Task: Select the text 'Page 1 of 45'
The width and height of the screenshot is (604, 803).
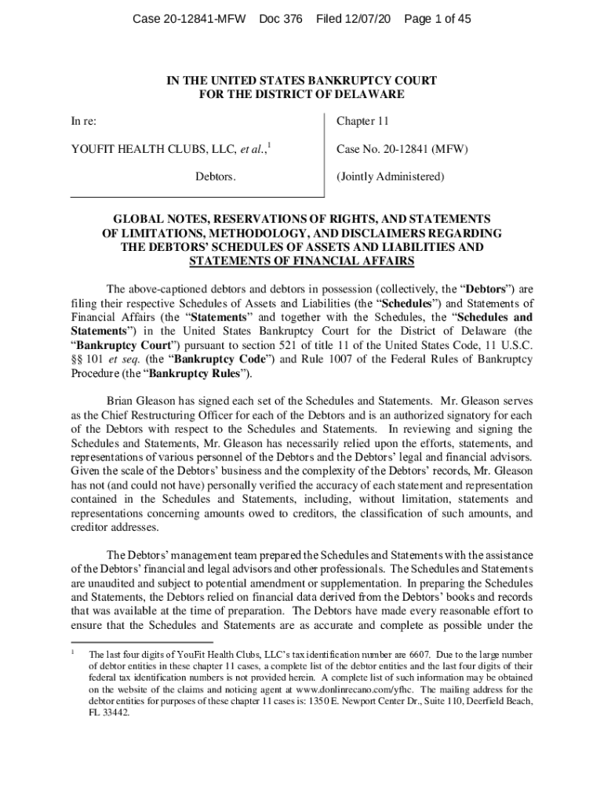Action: pyautogui.click(x=437, y=19)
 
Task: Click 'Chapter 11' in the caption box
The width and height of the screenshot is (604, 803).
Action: pyautogui.click(x=362, y=122)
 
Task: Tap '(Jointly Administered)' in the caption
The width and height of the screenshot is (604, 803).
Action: pyautogui.click(x=390, y=176)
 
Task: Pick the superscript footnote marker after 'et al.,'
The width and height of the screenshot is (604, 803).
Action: pyautogui.click(x=270, y=145)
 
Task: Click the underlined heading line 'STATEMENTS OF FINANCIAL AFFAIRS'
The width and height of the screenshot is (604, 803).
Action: pyautogui.click(x=302, y=261)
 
